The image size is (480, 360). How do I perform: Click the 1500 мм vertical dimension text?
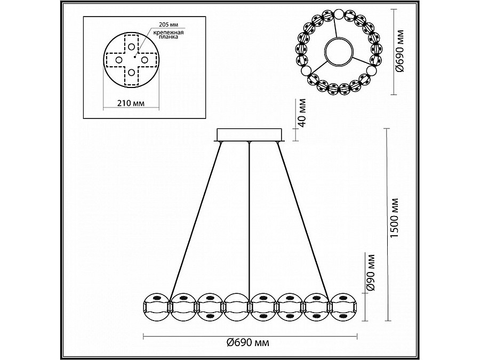click(395, 219)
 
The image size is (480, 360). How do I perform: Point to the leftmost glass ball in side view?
click(156, 307)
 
